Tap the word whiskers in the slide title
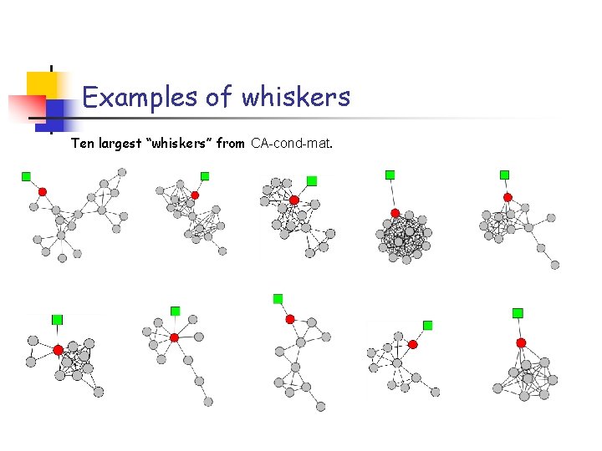[296, 98]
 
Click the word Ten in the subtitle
[82, 144]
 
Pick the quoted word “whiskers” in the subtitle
[180, 144]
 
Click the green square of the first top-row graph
[26, 176]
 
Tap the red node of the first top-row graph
[43, 191]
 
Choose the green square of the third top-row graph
[312, 180]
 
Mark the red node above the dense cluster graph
[395, 213]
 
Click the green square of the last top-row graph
[504, 175]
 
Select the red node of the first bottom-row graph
[58, 350]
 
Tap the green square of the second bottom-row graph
[176, 311]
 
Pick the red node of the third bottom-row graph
[290, 319]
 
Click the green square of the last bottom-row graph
[518, 313]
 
